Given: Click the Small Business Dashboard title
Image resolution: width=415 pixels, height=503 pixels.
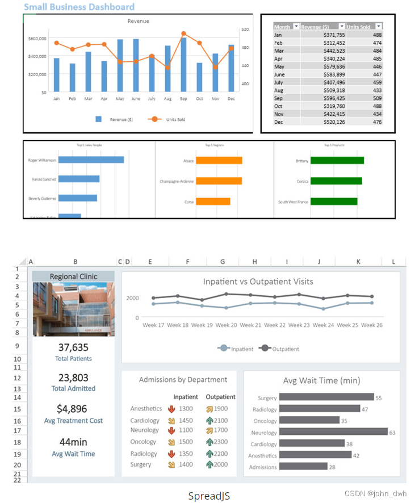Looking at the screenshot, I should (79, 7).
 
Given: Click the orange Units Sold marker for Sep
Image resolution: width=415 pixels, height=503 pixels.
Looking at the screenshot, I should (183, 33).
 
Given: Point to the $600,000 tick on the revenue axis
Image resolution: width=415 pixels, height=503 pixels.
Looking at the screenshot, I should (37, 38).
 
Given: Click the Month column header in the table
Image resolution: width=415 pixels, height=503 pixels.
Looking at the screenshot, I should (282, 27).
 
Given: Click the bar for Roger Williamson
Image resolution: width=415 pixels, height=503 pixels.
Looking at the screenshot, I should (91, 160).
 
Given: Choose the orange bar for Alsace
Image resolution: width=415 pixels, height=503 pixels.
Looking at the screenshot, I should (219, 161).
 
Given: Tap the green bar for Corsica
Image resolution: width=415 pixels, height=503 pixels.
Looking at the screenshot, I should (336, 181).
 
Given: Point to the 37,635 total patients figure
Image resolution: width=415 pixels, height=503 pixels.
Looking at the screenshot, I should (73, 347).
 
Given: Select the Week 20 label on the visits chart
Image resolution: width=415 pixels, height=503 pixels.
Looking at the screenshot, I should (226, 325).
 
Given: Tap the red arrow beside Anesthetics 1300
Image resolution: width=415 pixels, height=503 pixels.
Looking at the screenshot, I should (171, 409).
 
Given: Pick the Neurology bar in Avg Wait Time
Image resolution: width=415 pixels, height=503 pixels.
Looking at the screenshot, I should (334, 432).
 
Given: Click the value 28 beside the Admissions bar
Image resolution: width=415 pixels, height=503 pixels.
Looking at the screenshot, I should (333, 467).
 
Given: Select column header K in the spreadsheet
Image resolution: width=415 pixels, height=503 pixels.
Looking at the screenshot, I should (358, 262).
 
